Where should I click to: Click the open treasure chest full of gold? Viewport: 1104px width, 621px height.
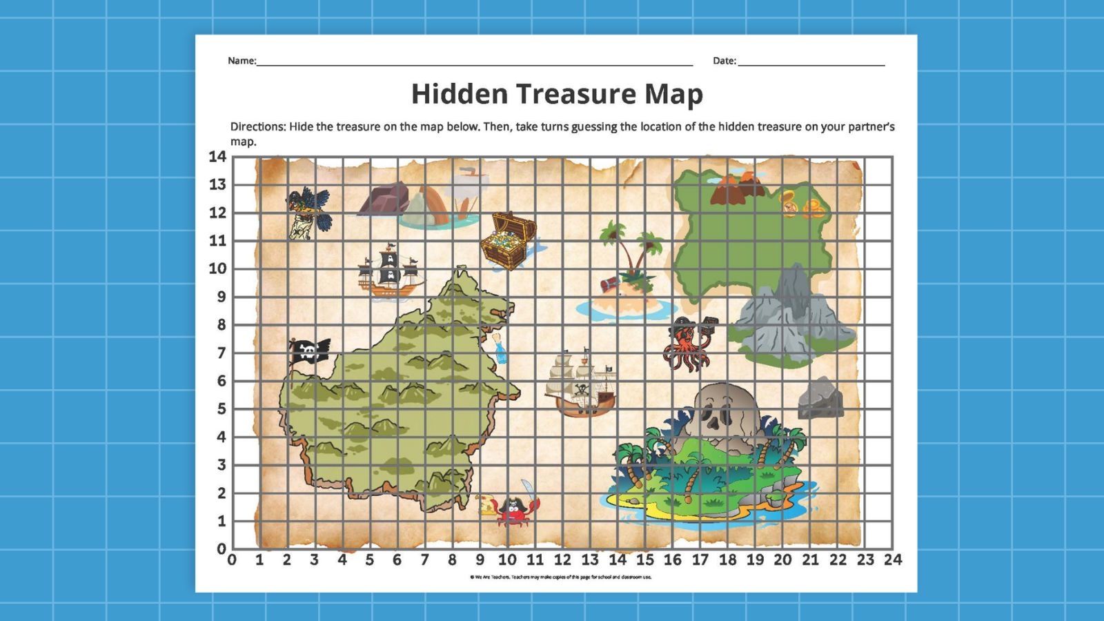point(508,241)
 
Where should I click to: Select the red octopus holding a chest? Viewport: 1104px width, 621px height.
point(686,345)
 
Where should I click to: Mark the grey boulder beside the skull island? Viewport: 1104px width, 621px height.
point(820,398)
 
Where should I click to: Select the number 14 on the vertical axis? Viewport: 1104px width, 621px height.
point(217,157)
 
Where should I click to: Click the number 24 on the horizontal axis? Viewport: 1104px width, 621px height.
point(893,560)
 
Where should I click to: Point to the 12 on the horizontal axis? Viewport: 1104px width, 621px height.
point(562,560)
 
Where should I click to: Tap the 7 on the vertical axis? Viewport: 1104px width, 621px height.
point(221,353)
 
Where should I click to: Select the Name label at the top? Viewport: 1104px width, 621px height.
point(241,61)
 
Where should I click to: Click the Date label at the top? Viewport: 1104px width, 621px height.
point(724,61)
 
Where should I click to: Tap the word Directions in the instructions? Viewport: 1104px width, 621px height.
point(257,127)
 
